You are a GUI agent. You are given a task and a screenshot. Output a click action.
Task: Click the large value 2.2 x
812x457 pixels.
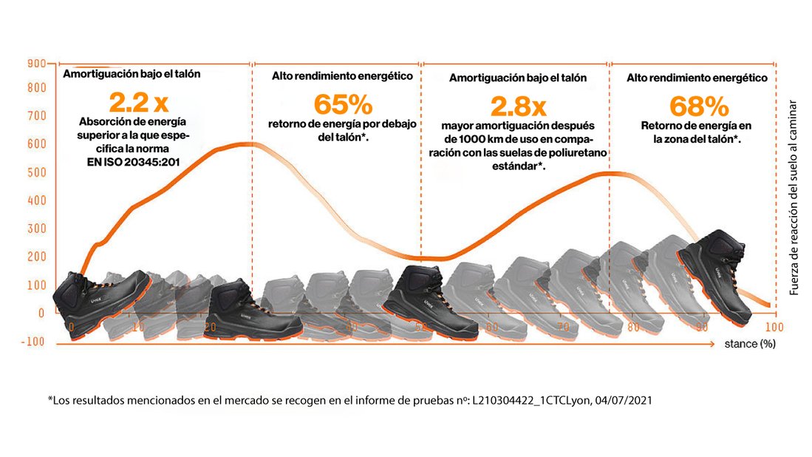click(138, 102)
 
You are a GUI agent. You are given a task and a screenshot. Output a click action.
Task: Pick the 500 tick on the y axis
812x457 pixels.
click(37, 172)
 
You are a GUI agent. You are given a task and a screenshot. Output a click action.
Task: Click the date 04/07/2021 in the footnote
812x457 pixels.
click(623, 400)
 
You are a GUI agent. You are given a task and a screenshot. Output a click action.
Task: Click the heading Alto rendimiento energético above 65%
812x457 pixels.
click(341, 76)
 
